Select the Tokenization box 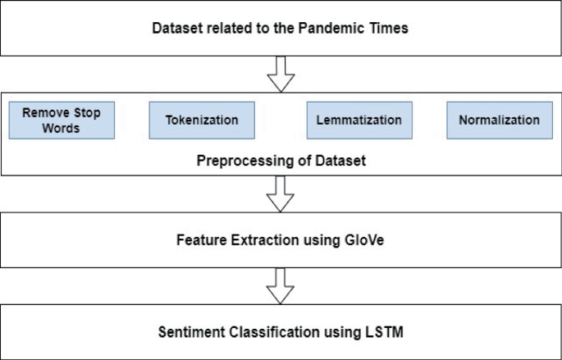tap(202, 120)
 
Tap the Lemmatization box tap(359, 120)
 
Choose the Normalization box tap(499, 120)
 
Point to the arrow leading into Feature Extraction tap(281, 194)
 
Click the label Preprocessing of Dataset tap(281, 161)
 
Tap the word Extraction tap(258, 241)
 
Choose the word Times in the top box tap(390, 28)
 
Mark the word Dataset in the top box tap(176, 28)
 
